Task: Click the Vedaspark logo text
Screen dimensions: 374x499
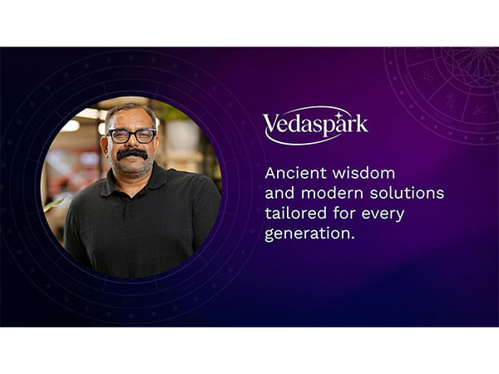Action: pos(315,125)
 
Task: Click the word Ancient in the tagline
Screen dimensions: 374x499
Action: pos(291,174)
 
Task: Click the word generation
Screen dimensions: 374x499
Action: pos(309,234)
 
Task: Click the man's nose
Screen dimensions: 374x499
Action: pos(132,145)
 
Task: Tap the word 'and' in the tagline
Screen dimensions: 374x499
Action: pos(279,194)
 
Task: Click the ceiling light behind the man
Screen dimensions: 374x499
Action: pos(88,113)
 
